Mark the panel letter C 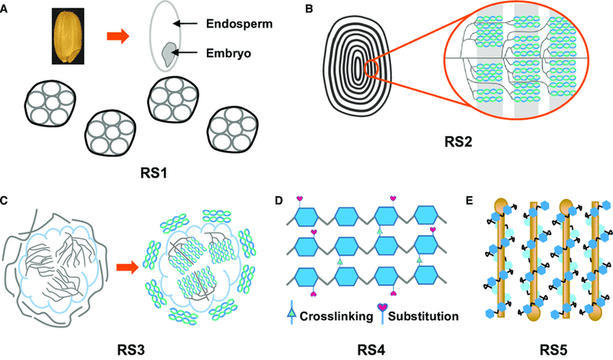[5, 201]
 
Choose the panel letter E [477, 201]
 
